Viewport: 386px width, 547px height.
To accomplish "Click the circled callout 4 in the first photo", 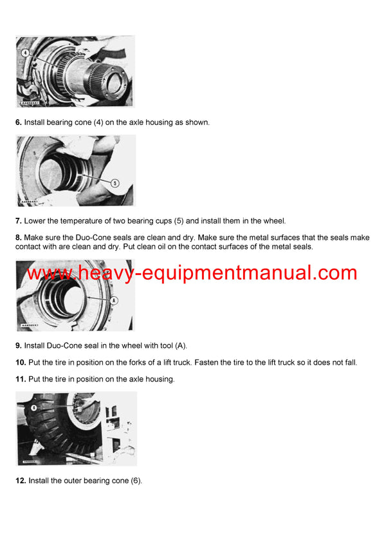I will [x=24, y=52].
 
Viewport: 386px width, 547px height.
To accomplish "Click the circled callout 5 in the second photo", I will [x=115, y=182].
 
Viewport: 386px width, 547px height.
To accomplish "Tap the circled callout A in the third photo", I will [x=114, y=300].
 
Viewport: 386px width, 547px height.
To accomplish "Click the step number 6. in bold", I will [x=19, y=122].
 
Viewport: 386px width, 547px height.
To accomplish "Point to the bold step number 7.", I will [x=19, y=221].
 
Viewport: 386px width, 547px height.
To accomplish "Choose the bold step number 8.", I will [x=19, y=238].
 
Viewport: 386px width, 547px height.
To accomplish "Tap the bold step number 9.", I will [x=19, y=346].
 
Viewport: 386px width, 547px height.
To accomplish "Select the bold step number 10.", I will [x=21, y=363].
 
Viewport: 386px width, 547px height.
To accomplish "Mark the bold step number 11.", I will [x=21, y=379].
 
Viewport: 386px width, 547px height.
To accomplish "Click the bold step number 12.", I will [x=21, y=481].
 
